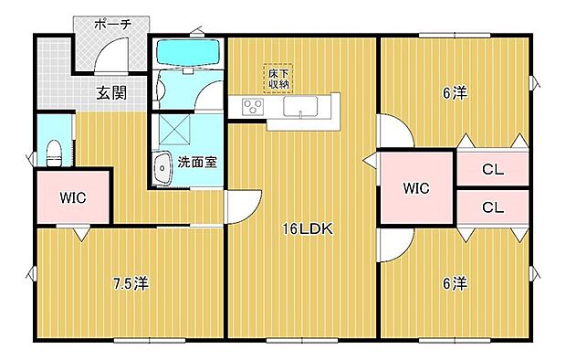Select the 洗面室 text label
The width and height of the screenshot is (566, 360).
[x=197, y=163]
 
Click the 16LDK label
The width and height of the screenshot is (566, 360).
[x=302, y=230]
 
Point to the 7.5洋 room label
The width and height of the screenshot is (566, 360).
[x=130, y=283]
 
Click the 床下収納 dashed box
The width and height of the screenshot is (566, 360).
[x=279, y=79]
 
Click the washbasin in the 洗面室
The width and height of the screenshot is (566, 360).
[x=163, y=168]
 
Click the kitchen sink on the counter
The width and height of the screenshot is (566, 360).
[x=299, y=108]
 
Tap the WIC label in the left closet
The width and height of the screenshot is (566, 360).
[x=72, y=196]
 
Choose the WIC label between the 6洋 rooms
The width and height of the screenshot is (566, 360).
[x=417, y=189]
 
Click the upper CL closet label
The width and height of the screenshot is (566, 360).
[x=493, y=169]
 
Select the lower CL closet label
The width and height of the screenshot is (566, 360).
[x=493, y=207]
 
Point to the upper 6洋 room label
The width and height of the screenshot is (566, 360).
[x=454, y=92]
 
